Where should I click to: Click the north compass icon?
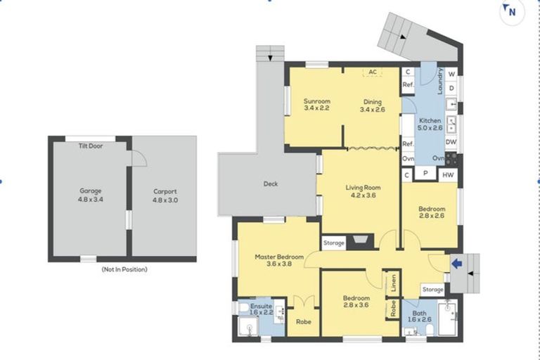point(512,12)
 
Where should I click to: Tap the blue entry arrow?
point(456,264)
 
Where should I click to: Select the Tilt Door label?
point(91,146)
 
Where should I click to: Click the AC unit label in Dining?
point(373,72)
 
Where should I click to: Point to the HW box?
point(448,175)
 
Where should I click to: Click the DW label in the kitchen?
point(451,142)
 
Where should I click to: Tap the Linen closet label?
point(393,283)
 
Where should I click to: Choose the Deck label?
point(271,184)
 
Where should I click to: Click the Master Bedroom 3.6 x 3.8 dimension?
point(279,264)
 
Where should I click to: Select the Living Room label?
point(363,188)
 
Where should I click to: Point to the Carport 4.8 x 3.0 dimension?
point(165,200)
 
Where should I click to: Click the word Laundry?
point(439,82)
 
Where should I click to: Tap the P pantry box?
point(425,173)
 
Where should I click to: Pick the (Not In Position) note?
point(124,269)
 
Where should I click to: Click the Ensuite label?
point(261,307)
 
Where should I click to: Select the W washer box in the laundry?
point(451,74)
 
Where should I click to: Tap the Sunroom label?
point(317,101)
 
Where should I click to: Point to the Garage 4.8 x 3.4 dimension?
point(91,200)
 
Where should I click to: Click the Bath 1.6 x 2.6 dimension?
point(420,320)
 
